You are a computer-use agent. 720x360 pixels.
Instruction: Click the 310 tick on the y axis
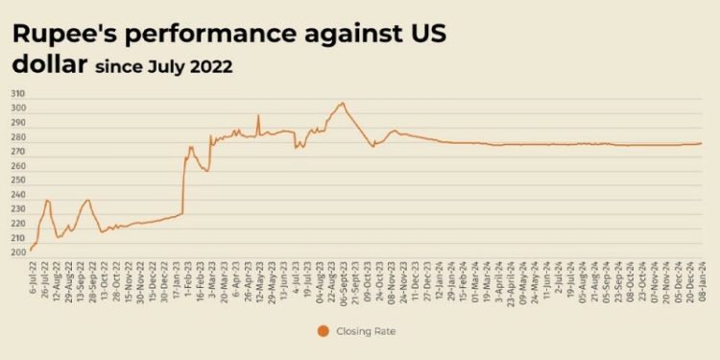[18, 94]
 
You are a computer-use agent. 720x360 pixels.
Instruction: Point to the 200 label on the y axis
[18, 252]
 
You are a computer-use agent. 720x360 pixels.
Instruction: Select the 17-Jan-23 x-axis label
[181, 277]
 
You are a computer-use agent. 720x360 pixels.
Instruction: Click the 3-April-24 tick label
[509, 278]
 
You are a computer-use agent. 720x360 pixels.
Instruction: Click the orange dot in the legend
[324, 331]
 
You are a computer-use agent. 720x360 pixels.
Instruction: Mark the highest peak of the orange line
[342, 103]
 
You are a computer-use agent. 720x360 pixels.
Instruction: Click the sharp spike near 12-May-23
[258, 116]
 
